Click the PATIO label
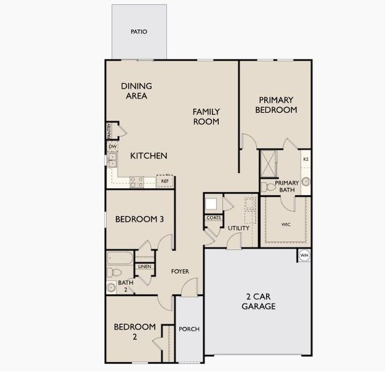(139, 32)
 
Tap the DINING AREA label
(136, 91)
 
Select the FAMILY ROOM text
(206, 117)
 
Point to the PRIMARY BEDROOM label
(276, 105)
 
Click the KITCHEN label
(149, 156)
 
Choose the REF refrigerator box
(165, 181)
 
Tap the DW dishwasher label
(112, 146)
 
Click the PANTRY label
(109, 131)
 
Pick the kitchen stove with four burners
(136, 181)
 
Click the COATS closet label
(213, 218)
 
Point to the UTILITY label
(238, 228)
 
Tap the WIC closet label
(286, 224)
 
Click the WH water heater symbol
(304, 255)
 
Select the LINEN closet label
(144, 266)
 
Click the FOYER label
(180, 272)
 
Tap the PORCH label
(189, 329)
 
